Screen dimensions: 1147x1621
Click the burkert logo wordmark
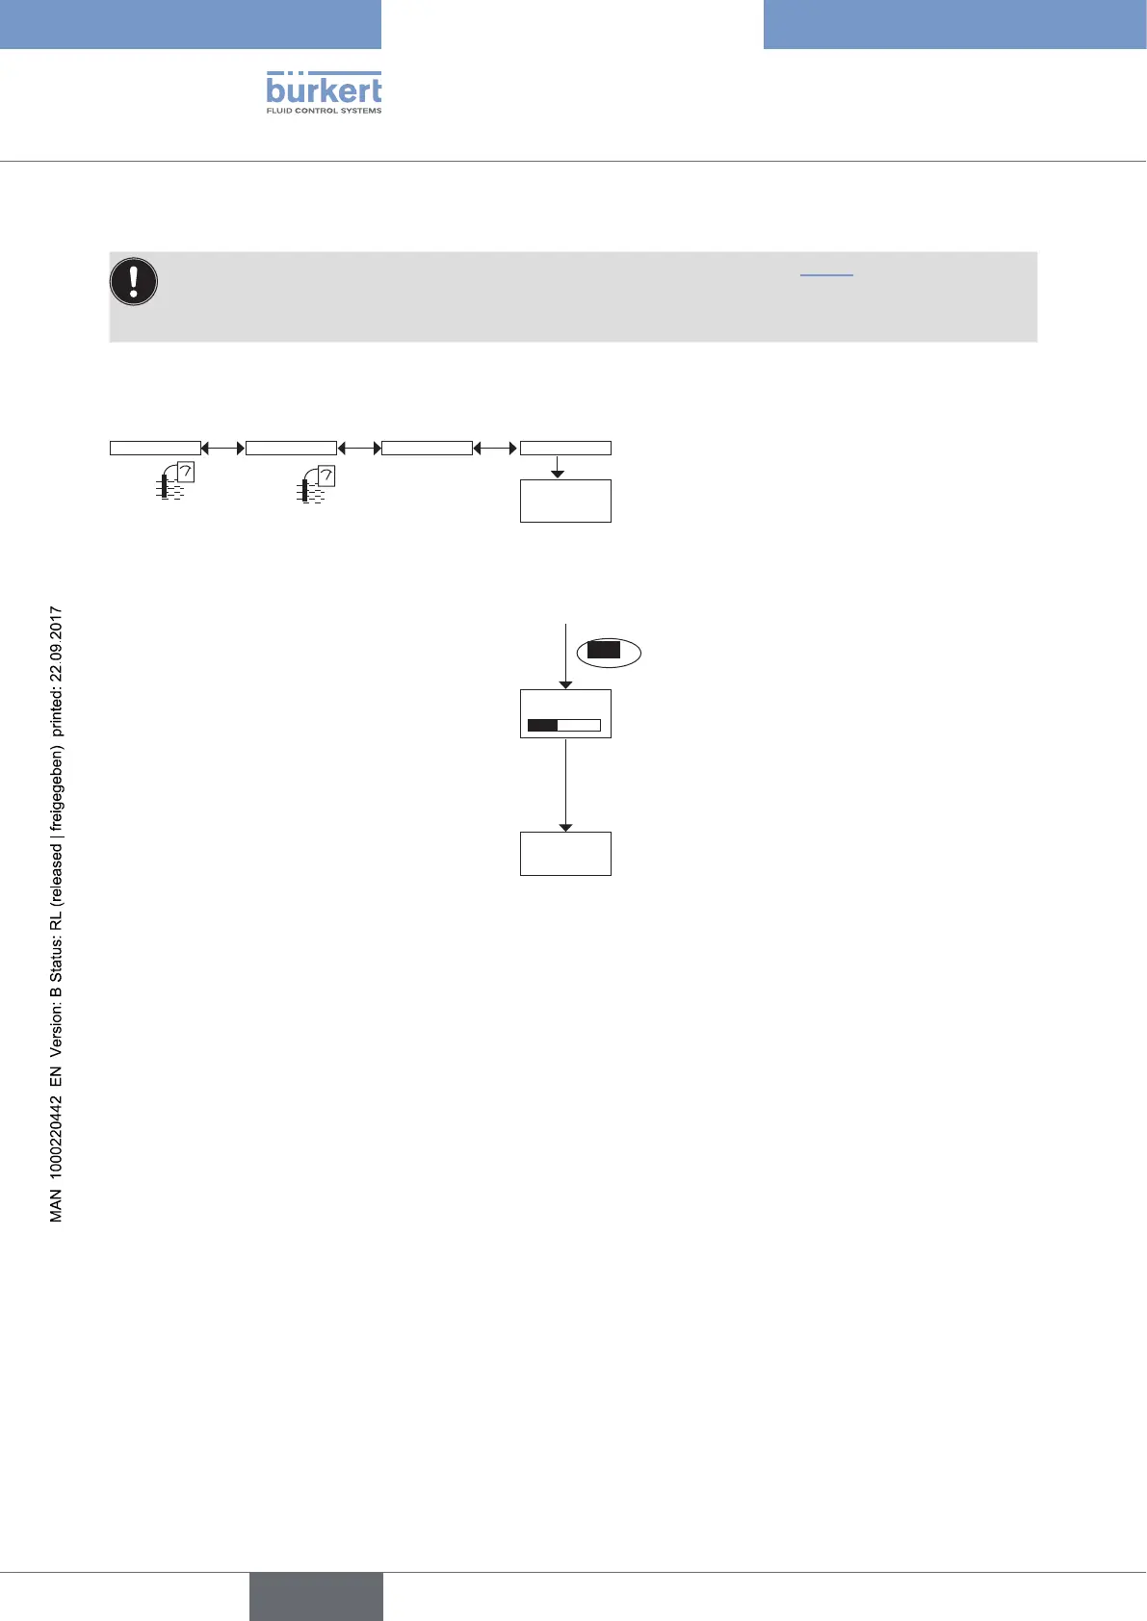[x=324, y=91]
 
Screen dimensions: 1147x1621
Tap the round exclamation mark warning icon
[x=135, y=281]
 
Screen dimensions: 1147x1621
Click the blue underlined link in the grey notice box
[x=826, y=274]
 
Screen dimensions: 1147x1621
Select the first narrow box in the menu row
[x=155, y=448]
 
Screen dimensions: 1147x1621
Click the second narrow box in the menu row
[x=291, y=448]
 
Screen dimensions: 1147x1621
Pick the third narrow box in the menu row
[x=427, y=448]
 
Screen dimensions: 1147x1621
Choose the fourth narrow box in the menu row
[x=565, y=448]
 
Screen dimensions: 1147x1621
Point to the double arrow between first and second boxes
[x=223, y=448]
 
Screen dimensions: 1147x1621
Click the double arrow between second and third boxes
[x=359, y=448]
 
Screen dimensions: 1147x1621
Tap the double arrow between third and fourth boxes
[x=496, y=448]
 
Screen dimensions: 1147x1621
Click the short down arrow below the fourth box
[x=558, y=467]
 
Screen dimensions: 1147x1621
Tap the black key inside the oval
[x=604, y=651]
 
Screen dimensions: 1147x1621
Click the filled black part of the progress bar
[x=543, y=725]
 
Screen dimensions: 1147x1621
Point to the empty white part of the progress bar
[x=579, y=725]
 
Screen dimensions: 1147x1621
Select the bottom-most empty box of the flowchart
[x=565, y=853]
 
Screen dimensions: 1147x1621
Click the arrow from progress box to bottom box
[x=565, y=785]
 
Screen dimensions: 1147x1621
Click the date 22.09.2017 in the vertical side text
[x=57, y=643]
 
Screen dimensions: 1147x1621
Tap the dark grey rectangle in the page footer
[x=316, y=1597]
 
